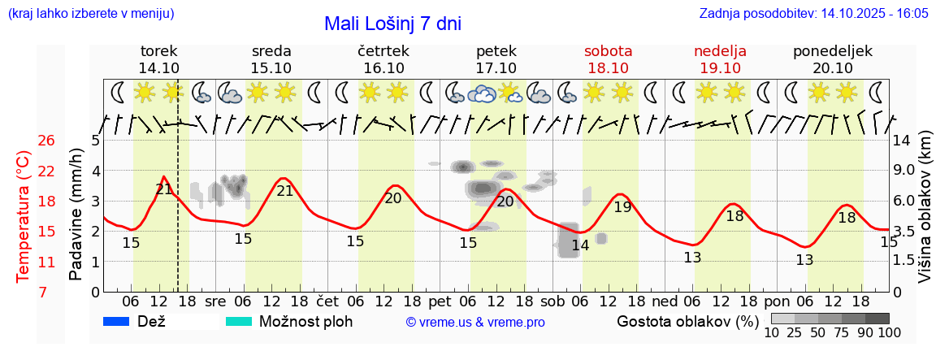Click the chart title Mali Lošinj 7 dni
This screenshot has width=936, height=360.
pos(392,24)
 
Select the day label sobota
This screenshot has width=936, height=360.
pos(608,51)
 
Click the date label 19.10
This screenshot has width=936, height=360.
pos(720,67)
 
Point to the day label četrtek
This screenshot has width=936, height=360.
pos(383,51)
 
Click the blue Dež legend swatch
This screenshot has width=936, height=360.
pos(117,321)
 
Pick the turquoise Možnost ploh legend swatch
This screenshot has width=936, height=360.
pos(238,321)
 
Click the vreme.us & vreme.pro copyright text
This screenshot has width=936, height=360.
pos(475,322)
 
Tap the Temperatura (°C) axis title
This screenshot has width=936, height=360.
pos(24,216)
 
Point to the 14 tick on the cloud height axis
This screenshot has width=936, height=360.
pos(903,141)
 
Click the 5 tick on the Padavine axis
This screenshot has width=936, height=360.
pos(95,141)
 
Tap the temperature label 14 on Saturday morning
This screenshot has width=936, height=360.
pos(579,245)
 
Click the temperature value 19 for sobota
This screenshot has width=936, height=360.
pos(622,206)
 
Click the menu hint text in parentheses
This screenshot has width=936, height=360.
pos(90,14)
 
